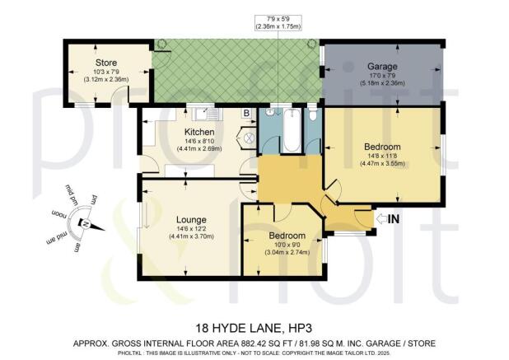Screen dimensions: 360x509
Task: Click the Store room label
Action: tap(106, 63)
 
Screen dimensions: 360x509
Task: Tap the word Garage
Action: tap(381, 65)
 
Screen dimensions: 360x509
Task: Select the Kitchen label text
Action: tap(199, 132)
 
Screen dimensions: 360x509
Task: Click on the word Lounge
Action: tap(190, 220)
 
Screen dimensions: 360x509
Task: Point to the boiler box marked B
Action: tap(245, 113)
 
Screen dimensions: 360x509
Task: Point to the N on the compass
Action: tap(83, 222)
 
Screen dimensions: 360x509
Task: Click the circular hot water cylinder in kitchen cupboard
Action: tap(245, 138)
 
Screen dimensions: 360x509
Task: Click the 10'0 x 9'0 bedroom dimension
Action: tap(287, 244)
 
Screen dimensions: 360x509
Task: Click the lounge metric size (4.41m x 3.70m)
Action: tap(190, 236)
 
